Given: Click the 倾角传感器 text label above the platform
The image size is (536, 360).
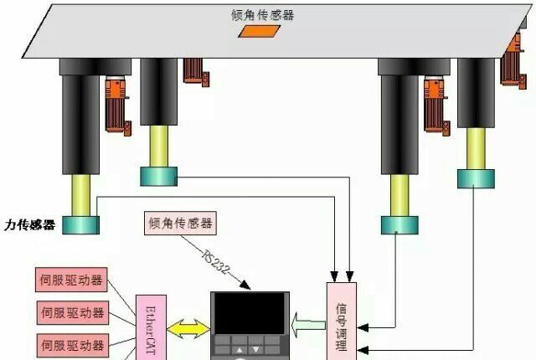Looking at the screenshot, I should (262, 14).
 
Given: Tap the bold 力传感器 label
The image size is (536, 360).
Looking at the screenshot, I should (29, 224).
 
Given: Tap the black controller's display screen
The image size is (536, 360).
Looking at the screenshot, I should (249, 315).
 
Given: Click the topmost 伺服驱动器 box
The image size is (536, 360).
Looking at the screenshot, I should (73, 280).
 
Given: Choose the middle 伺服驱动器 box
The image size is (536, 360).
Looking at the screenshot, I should (73, 312).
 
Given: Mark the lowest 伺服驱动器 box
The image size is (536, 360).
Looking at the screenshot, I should (73, 344).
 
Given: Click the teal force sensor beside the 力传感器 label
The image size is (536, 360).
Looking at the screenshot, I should (80, 224).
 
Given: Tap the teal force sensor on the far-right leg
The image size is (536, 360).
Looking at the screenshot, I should (476, 177).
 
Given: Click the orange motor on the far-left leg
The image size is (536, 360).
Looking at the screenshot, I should (116, 104).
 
